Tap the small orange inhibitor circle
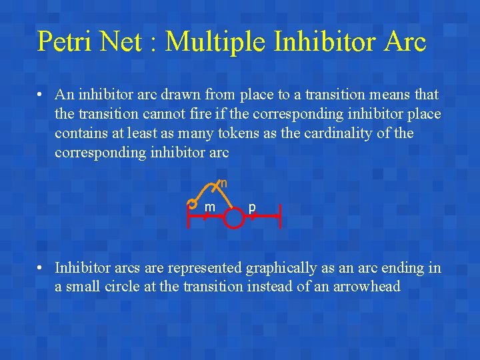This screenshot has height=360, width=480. [192, 203]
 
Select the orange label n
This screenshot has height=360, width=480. [224, 183]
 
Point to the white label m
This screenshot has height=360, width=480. [209, 207]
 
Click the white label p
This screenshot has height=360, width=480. [252, 207]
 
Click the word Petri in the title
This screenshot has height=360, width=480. [65, 41]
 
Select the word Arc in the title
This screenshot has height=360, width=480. [404, 41]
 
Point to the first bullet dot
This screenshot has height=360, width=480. [42, 95]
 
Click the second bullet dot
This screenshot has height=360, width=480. [42, 268]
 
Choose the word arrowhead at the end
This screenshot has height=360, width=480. [365, 287]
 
